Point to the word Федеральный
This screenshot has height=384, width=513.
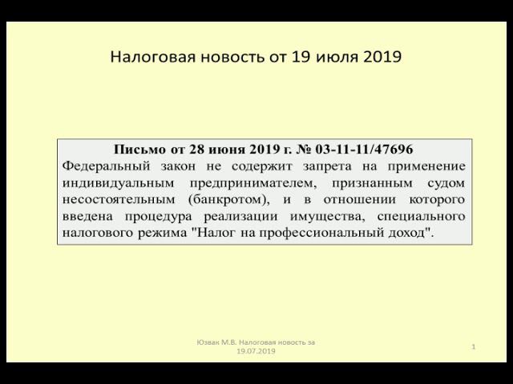tap(103, 166)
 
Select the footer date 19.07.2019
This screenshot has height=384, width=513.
tap(256, 350)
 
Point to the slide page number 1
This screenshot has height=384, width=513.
tap(475, 346)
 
